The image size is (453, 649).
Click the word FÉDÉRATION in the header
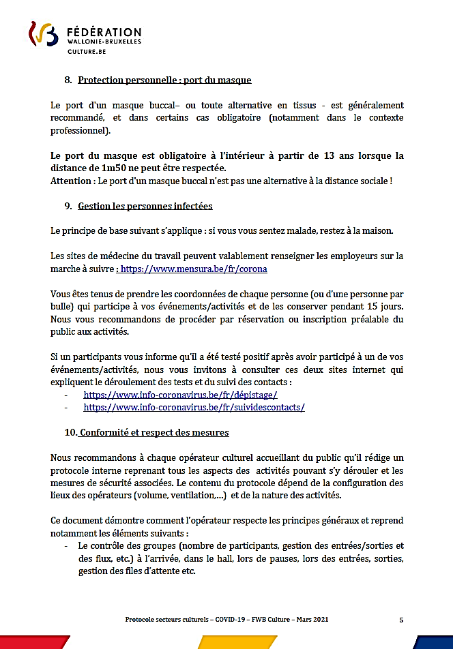pyautogui.click(x=104, y=32)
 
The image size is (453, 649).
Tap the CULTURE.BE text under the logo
pyautogui.click(x=86, y=51)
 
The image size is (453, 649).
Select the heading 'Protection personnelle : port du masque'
pyautogui.click(x=164, y=80)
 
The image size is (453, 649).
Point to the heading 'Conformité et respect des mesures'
pyautogui.click(x=154, y=432)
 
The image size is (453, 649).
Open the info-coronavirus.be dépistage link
pyautogui.click(x=180, y=395)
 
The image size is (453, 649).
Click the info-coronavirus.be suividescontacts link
pyautogui.click(x=194, y=407)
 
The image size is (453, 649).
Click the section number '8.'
pyautogui.click(x=68, y=80)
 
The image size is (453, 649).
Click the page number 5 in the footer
pyautogui.click(x=401, y=620)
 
